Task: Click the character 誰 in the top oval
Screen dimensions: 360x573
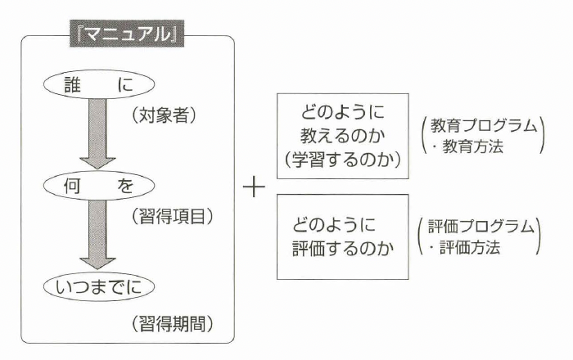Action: [74, 85]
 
